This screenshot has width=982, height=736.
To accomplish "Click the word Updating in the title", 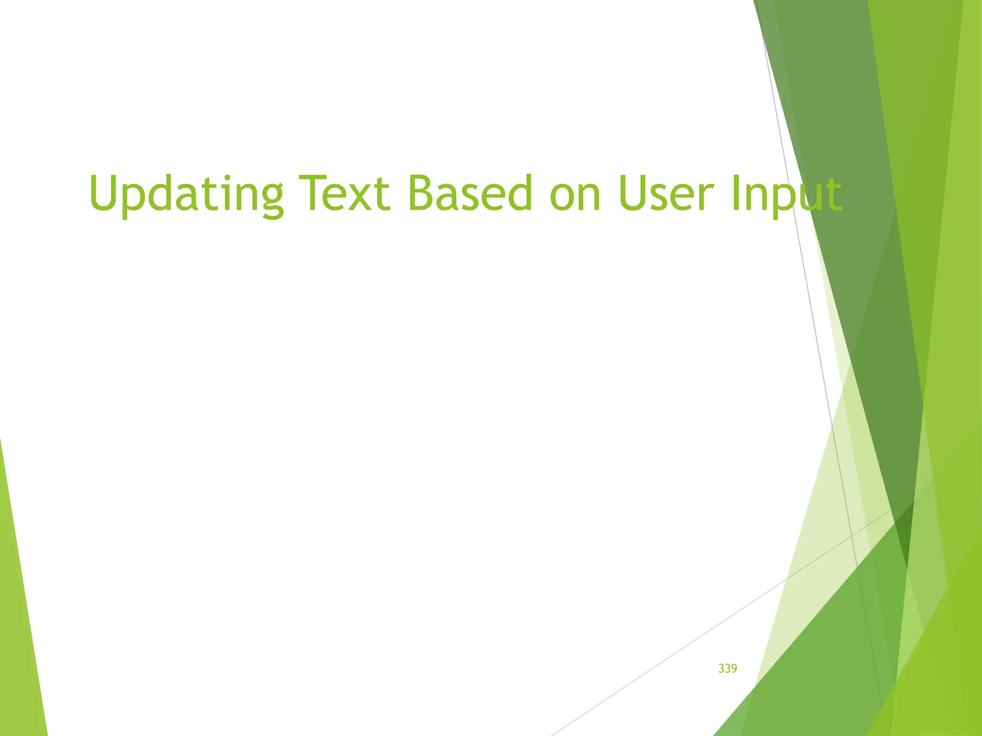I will (186, 194).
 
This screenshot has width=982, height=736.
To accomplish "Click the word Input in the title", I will (786, 194).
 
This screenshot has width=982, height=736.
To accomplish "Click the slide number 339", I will (727, 668).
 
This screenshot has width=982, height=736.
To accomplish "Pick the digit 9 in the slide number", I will (734, 668).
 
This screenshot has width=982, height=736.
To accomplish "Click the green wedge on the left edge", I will (19, 623).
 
